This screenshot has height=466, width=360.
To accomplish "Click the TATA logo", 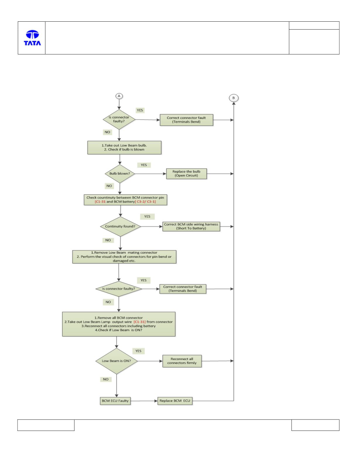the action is pos(32,38).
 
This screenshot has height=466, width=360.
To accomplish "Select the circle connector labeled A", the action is pos(119,96).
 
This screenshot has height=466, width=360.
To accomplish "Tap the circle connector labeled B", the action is pos(234,98).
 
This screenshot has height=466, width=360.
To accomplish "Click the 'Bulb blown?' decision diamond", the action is pos(120,173).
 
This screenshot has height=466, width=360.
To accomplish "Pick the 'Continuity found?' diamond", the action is pos(120,226).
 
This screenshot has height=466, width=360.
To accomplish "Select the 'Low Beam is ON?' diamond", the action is pos(116,361).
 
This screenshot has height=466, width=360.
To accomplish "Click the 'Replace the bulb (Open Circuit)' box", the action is pos(186,173).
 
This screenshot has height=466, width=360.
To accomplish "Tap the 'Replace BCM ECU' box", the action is pos(175,400).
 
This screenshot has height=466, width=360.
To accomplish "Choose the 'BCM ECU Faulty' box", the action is pos(115,400).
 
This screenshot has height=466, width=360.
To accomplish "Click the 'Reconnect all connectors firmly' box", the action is pos(182,361).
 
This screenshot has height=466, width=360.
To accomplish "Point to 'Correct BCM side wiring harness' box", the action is pos(191,226).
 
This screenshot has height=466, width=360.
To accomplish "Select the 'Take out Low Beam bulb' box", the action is pos(124,147).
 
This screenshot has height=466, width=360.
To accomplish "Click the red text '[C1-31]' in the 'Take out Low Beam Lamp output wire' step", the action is pos(140,322).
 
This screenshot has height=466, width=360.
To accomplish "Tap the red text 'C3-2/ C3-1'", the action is pos(145,202).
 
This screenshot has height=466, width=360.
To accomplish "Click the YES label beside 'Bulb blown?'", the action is pos(144,165).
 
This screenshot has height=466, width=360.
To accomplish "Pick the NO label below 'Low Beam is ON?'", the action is pos(106,379).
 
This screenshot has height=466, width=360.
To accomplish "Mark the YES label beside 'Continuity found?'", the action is pos(148,216).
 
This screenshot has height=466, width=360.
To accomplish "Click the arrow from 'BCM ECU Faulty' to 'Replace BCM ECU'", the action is pos(144,401).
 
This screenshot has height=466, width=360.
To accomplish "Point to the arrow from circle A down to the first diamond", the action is pos(119,104).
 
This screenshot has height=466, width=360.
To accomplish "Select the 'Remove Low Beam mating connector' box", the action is pos(124,257).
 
